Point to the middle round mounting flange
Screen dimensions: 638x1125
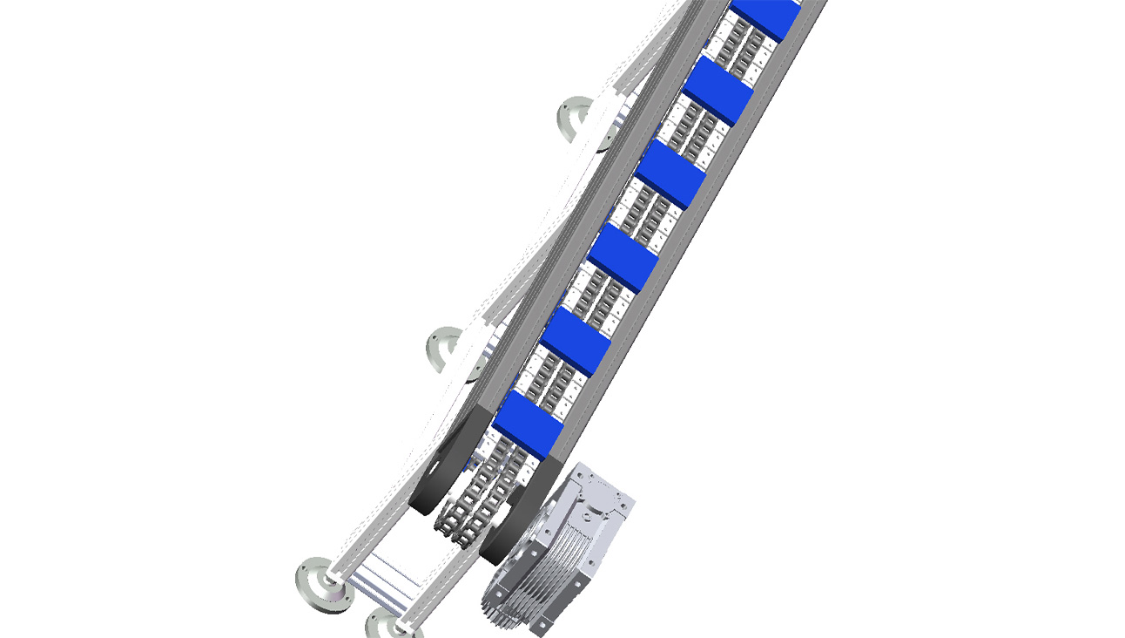click(x=445, y=350)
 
